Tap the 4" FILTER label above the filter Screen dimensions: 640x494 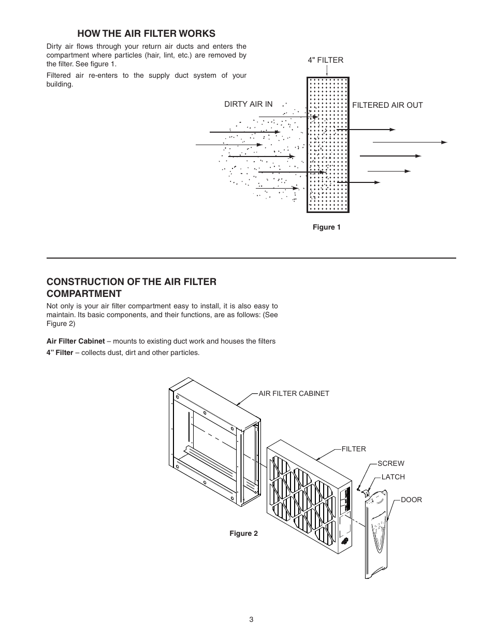pos(326,60)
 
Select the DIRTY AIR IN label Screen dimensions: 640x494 pos(248,104)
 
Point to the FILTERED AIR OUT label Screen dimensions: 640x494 pos(387,105)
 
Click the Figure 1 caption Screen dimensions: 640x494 pos(326,227)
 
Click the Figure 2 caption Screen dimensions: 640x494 pos(243,533)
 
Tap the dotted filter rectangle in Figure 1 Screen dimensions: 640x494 pos(328,145)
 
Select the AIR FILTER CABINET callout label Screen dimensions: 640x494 pos(294,393)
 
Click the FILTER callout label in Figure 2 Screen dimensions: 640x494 pos(354,449)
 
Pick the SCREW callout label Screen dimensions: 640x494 pos(391,463)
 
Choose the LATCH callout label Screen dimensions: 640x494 pos(393,477)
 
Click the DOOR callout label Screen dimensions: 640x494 pos(412,500)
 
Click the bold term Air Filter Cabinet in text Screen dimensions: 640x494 pos(76,341)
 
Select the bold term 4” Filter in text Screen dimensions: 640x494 pos(60,353)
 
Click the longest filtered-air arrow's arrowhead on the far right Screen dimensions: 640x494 pos(444,142)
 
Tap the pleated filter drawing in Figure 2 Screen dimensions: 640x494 pos(306,497)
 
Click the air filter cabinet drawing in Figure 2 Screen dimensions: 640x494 pos(212,440)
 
